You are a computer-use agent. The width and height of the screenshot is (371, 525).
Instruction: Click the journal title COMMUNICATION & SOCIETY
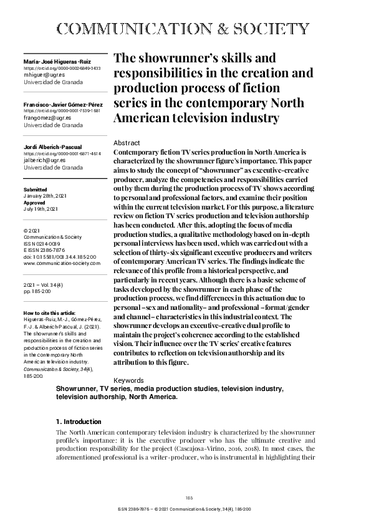[185, 28]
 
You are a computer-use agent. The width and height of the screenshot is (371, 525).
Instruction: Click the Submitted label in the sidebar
[35, 188]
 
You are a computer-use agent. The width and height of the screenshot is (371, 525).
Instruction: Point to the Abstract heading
[128, 143]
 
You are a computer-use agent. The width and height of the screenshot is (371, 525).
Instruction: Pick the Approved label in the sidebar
[35, 203]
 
